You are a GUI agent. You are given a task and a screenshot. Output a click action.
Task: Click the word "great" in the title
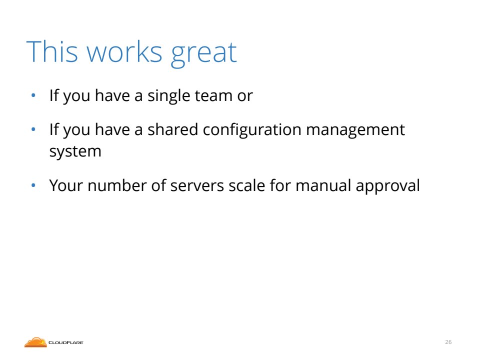[x=203, y=53]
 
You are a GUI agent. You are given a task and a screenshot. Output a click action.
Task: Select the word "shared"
[x=173, y=129]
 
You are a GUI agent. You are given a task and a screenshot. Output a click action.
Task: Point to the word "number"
[x=117, y=185]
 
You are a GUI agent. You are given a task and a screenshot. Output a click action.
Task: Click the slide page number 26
[x=448, y=342]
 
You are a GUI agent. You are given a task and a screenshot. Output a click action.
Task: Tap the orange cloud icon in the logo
[x=35, y=342]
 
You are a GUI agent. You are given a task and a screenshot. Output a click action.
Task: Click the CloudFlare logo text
[x=66, y=342]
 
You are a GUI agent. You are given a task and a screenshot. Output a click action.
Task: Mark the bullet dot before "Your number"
[x=33, y=185]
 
